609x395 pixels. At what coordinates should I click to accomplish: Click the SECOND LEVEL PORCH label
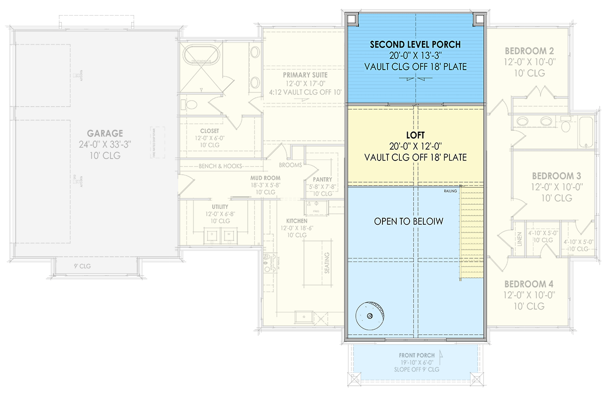(416, 44)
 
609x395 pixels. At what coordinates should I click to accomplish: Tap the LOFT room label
(416, 135)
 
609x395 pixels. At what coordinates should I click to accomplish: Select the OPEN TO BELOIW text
(409, 222)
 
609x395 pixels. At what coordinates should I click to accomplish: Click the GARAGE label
(105, 133)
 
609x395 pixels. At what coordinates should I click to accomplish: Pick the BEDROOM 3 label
(556, 176)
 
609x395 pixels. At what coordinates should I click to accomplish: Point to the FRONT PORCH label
(417, 355)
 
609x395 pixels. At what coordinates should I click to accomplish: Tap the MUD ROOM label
(265, 178)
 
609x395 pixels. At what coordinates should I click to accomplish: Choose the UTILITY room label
(220, 206)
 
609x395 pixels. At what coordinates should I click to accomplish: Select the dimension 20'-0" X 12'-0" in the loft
(416, 146)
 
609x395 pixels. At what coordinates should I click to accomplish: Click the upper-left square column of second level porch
(352, 19)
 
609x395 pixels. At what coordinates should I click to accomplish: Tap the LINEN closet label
(519, 239)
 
